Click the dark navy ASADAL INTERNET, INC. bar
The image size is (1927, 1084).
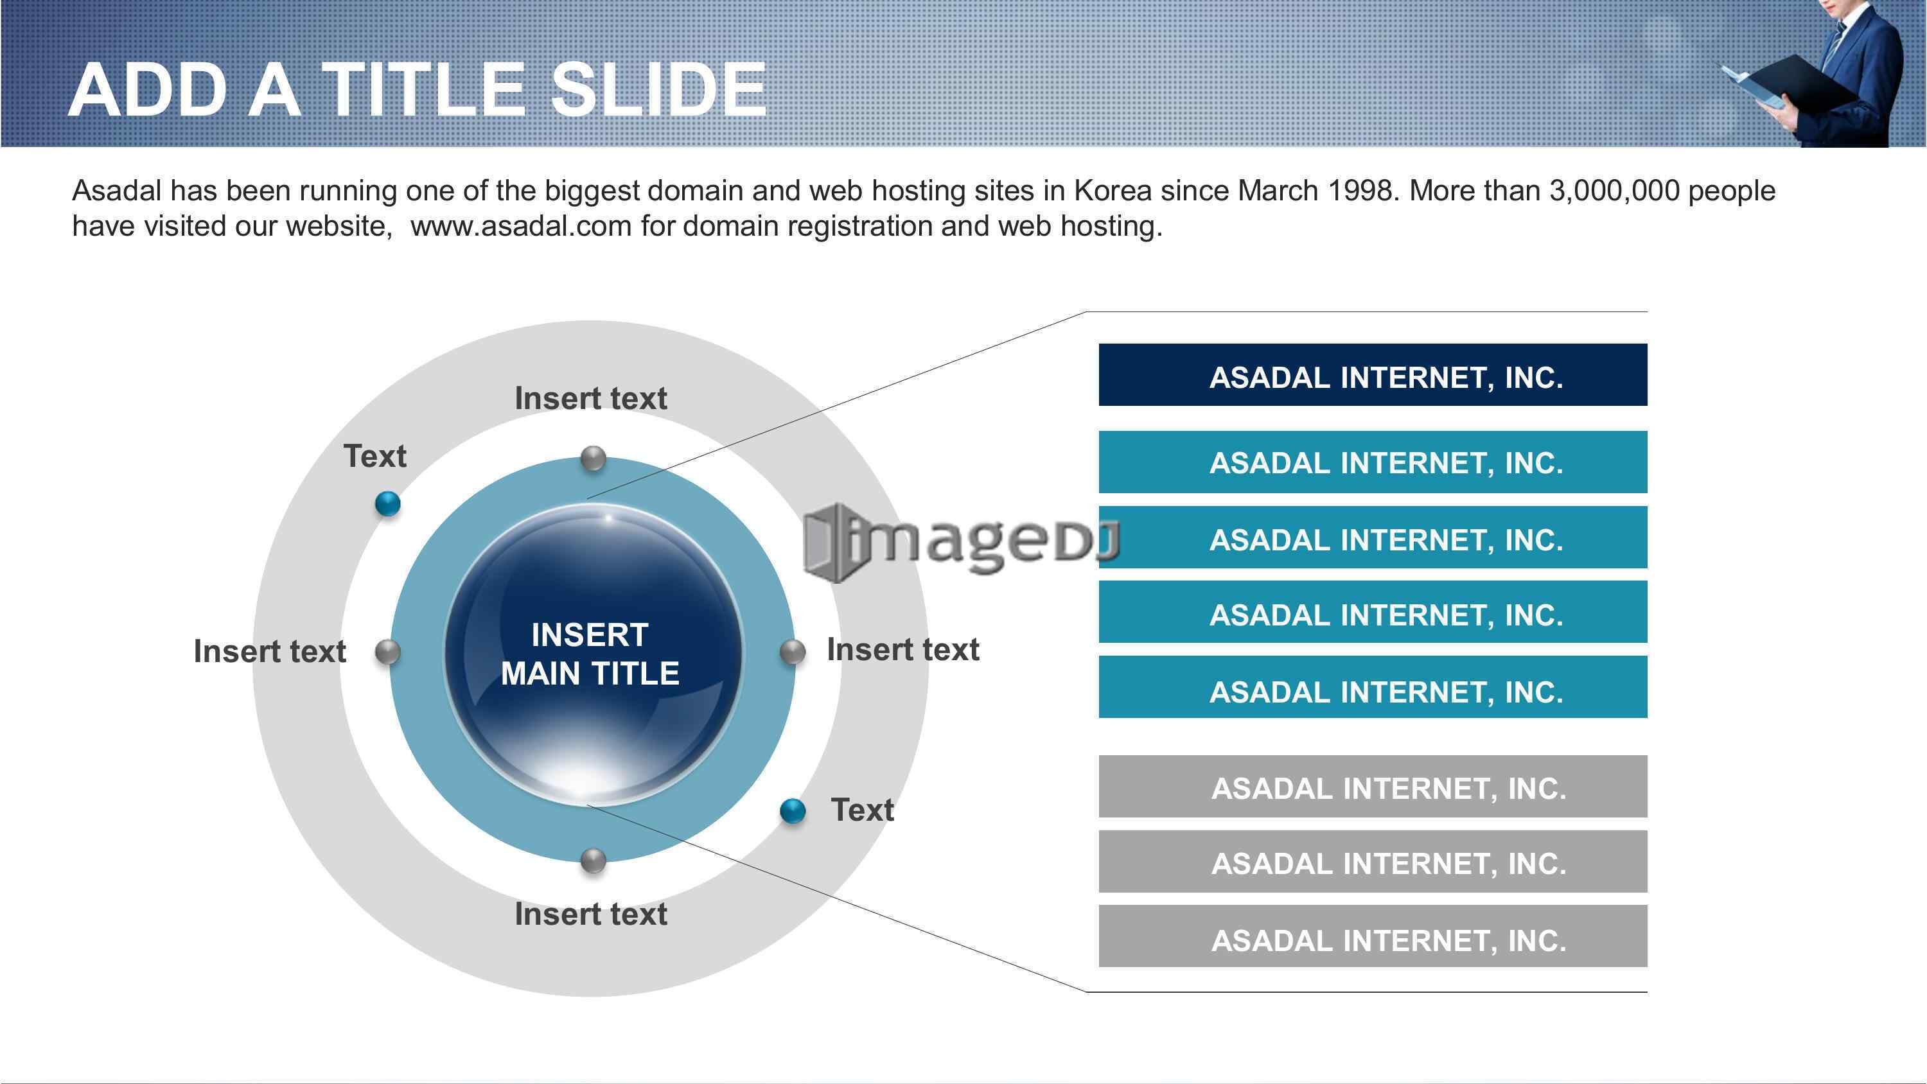click(x=1373, y=375)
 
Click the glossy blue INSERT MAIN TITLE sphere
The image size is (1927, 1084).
click(x=594, y=654)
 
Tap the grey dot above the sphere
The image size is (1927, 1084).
click(x=594, y=458)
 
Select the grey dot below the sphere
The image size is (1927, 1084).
click(x=594, y=861)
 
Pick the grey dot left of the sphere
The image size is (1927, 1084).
click(x=387, y=652)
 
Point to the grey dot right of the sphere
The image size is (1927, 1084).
click(x=793, y=652)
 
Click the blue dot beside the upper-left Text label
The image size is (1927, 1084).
click(x=387, y=503)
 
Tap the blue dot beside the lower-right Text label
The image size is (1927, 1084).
click(x=793, y=811)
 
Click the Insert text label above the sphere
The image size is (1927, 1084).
click(x=591, y=398)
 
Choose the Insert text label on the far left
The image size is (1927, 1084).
click(x=270, y=651)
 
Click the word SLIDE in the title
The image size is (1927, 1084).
click(x=659, y=90)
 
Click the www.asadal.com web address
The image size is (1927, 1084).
click(x=522, y=226)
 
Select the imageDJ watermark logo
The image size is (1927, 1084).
click(x=962, y=543)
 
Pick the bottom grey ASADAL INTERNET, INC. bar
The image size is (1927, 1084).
click(x=1373, y=936)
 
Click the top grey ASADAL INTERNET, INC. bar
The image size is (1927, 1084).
click(x=1373, y=786)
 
